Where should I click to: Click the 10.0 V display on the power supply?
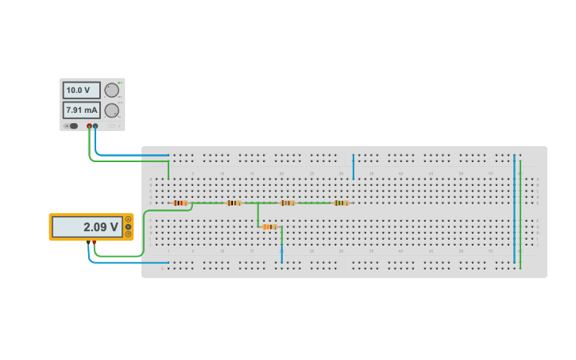click(81, 91)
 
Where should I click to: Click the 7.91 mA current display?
click(81, 110)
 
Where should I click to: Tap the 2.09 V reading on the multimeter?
click(88, 227)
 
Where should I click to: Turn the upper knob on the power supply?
click(112, 91)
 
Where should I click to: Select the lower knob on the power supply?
click(112, 110)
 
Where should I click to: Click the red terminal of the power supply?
click(89, 126)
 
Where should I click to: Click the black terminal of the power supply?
click(95, 126)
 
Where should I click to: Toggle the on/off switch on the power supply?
click(72, 126)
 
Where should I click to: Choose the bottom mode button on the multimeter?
click(128, 234)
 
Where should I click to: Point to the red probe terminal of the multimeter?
click(95, 242)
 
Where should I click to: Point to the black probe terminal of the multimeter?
click(88, 242)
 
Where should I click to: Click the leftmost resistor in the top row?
click(180, 203)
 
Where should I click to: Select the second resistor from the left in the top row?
click(234, 203)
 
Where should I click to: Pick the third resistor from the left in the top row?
click(288, 203)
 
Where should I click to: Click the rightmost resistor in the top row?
click(341, 203)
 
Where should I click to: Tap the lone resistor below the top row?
click(269, 226)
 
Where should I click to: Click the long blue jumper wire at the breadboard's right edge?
click(514, 208)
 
